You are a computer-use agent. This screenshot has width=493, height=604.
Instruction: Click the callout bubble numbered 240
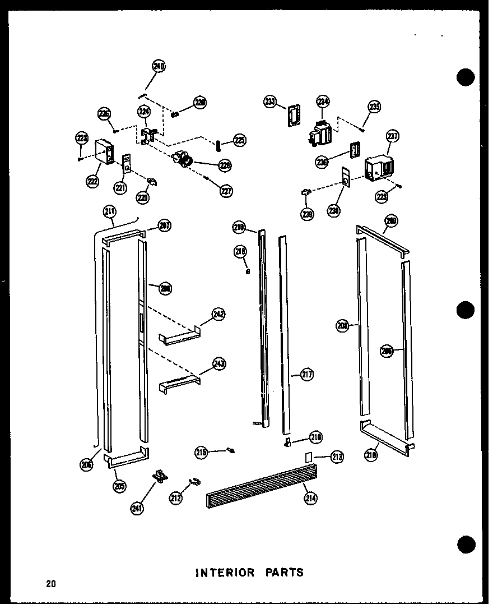click(159, 67)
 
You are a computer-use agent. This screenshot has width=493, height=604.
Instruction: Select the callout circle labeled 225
click(240, 140)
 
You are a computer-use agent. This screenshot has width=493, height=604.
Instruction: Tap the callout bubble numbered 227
click(226, 191)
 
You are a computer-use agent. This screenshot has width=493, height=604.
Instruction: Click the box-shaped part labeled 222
click(104, 151)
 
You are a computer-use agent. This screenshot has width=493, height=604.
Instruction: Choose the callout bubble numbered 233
click(271, 101)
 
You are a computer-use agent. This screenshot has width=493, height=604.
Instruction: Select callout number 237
click(392, 135)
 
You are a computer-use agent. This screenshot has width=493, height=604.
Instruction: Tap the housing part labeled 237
click(379, 169)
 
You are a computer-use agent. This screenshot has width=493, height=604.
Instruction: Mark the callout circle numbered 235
click(374, 107)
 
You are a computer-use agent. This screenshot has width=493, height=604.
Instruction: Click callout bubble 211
click(110, 211)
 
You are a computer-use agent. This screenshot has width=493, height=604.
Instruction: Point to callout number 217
click(306, 375)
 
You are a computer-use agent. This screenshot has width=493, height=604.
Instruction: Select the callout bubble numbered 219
click(239, 227)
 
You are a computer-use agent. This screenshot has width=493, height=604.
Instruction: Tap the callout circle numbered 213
click(337, 457)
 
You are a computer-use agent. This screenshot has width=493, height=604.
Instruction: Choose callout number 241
click(136, 509)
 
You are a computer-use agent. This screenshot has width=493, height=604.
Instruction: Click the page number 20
click(52, 584)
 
